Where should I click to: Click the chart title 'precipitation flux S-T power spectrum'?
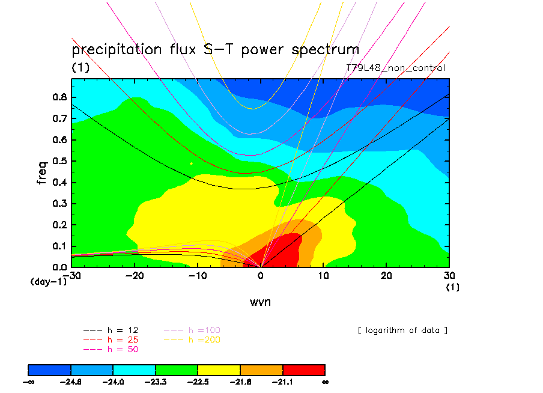pyautogui.click(x=215, y=49)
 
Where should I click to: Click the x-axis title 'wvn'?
pyautogui.click(x=260, y=302)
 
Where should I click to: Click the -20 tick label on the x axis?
pyautogui.click(x=135, y=275)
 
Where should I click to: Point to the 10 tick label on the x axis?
pyautogui.click(x=324, y=275)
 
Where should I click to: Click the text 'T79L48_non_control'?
pyautogui.click(x=396, y=68)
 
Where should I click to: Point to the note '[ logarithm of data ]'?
pyautogui.click(x=402, y=330)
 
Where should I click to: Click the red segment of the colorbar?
pyautogui.click(x=303, y=369)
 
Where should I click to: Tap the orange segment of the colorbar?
pyautogui.click(x=261, y=369)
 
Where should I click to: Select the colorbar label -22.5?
pyautogui.click(x=198, y=381)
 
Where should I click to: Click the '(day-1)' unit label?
pyautogui.click(x=48, y=281)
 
